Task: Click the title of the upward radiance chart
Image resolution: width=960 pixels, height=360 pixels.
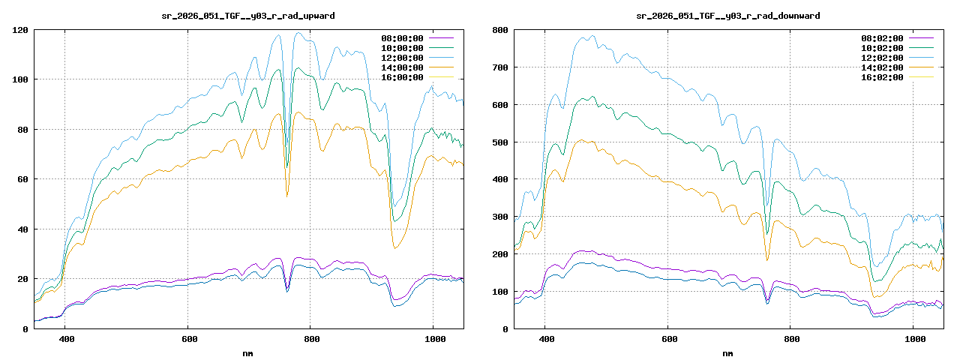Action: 249,16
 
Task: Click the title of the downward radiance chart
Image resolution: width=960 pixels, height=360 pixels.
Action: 727,16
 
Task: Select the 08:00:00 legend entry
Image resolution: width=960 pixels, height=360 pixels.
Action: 402,38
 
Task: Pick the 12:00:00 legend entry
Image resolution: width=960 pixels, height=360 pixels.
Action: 402,58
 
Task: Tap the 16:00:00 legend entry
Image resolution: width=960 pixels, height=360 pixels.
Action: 402,77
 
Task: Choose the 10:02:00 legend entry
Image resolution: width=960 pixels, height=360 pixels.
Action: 882,48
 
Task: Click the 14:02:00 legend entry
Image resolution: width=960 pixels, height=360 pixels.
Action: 882,67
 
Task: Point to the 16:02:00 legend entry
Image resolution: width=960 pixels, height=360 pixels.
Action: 882,77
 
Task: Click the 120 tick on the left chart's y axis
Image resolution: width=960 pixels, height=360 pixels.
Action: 20,30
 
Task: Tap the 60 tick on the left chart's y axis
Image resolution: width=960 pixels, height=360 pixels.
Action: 22,179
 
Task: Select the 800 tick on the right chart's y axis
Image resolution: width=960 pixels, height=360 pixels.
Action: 500,30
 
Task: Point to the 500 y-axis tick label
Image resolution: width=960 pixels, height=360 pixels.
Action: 500,142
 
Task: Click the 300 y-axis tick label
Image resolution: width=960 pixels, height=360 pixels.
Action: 500,217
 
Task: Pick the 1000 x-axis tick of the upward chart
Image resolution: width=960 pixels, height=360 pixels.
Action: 433,340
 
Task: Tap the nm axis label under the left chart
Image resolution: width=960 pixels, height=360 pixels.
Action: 248,352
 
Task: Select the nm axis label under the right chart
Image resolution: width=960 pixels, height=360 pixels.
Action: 728,352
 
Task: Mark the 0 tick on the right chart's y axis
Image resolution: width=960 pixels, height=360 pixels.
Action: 505,328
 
